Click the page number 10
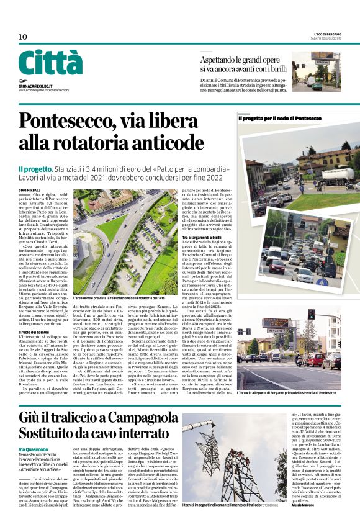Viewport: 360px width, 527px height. tap(22, 37)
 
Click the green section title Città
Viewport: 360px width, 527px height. tap(50, 63)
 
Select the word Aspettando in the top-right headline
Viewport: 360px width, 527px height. tap(222, 60)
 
